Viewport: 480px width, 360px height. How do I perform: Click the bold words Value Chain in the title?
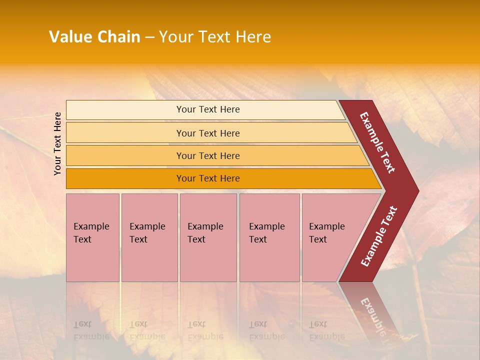pyautogui.click(x=94, y=37)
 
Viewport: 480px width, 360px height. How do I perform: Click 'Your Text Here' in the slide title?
pyautogui.click(x=215, y=37)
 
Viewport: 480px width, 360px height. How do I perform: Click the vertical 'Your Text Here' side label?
pyautogui.click(x=58, y=143)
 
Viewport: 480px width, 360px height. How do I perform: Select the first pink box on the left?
pyautogui.click(x=92, y=237)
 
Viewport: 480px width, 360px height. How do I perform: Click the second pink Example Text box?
pyautogui.click(x=149, y=237)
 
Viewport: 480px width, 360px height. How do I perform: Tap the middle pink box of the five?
pyautogui.click(x=208, y=237)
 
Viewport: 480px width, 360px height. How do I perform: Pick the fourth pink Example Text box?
pyautogui.click(x=269, y=237)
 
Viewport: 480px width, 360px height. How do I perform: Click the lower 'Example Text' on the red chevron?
pyautogui.click(x=379, y=236)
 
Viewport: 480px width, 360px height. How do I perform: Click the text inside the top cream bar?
pyautogui.click(x=208, y=109)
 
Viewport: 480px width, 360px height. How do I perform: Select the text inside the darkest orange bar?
pyautogui.click(x=208, y=178)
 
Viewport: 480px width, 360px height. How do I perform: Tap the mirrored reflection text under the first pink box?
pyautogui.click(x=91, y=330)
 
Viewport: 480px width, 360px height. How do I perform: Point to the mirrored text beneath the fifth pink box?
pyautogui.click(x=326, y=330)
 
